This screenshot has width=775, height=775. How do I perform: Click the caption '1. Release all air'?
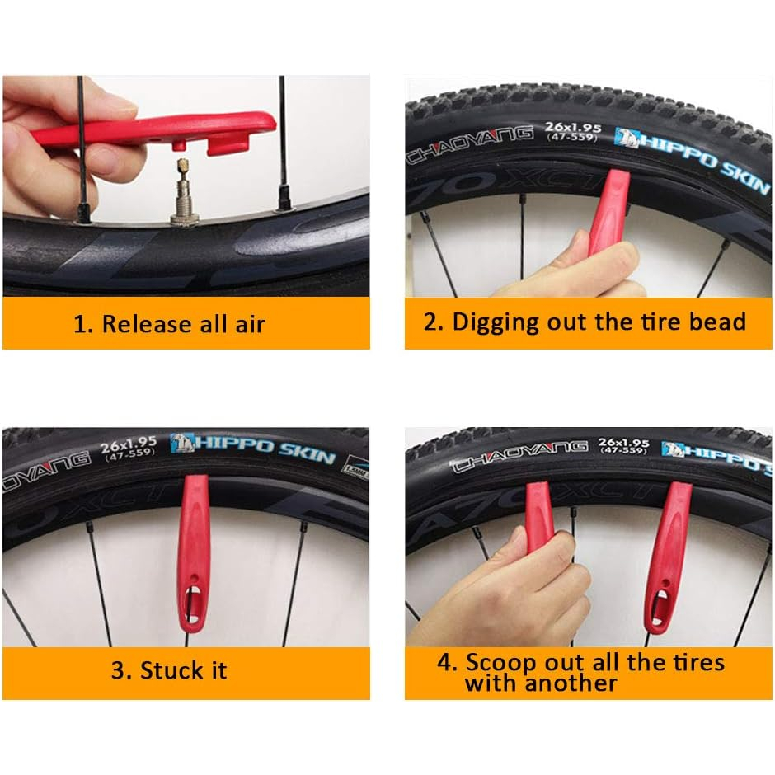coord(169,324)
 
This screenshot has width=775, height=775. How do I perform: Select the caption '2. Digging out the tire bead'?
coord(585,322)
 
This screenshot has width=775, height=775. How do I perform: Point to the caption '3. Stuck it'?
coord(169,671)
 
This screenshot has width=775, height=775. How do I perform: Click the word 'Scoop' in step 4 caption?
coord(500,663)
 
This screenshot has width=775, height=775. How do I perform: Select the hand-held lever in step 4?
coord(538,519)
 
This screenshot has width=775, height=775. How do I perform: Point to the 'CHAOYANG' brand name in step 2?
coord(470,143)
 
